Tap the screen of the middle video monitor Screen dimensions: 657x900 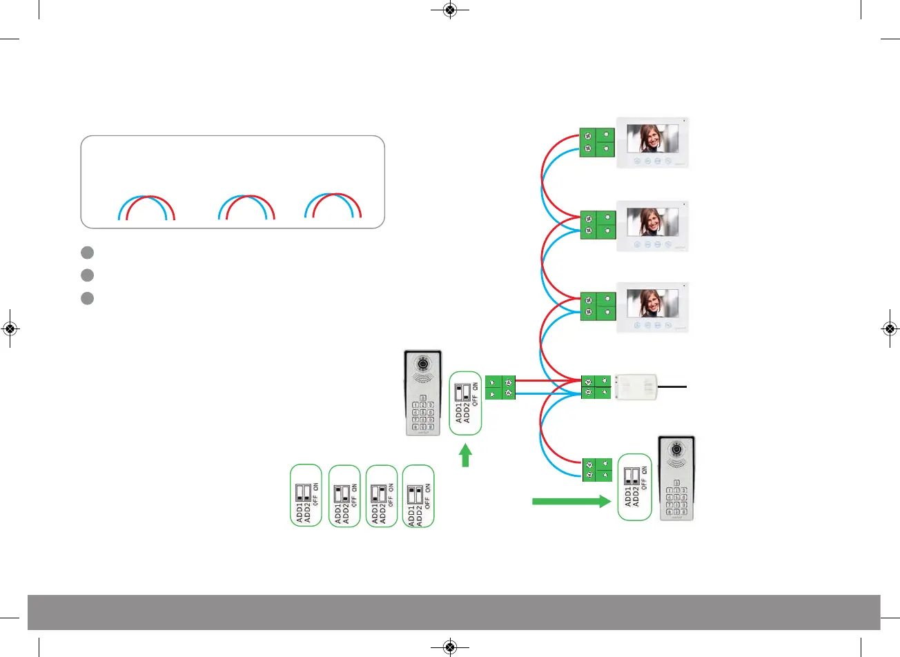[653, 222]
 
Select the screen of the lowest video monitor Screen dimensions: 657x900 [653, 303]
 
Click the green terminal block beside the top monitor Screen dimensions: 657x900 [597, 142]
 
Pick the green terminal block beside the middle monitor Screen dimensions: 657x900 [597, 224]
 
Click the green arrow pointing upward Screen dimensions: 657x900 [466, 455]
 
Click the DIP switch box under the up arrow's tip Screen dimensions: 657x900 [465, 403]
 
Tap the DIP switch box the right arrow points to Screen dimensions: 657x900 [635, 487]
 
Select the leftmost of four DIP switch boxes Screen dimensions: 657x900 [306, 496]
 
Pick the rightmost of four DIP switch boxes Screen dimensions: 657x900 [418, 496]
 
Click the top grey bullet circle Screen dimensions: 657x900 [87, 253]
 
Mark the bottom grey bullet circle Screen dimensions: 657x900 [87, 298]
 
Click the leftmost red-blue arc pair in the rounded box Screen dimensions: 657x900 [147, 208]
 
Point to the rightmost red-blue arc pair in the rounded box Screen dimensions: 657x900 [333, 206]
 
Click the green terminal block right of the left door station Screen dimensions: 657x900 [500, 387]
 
